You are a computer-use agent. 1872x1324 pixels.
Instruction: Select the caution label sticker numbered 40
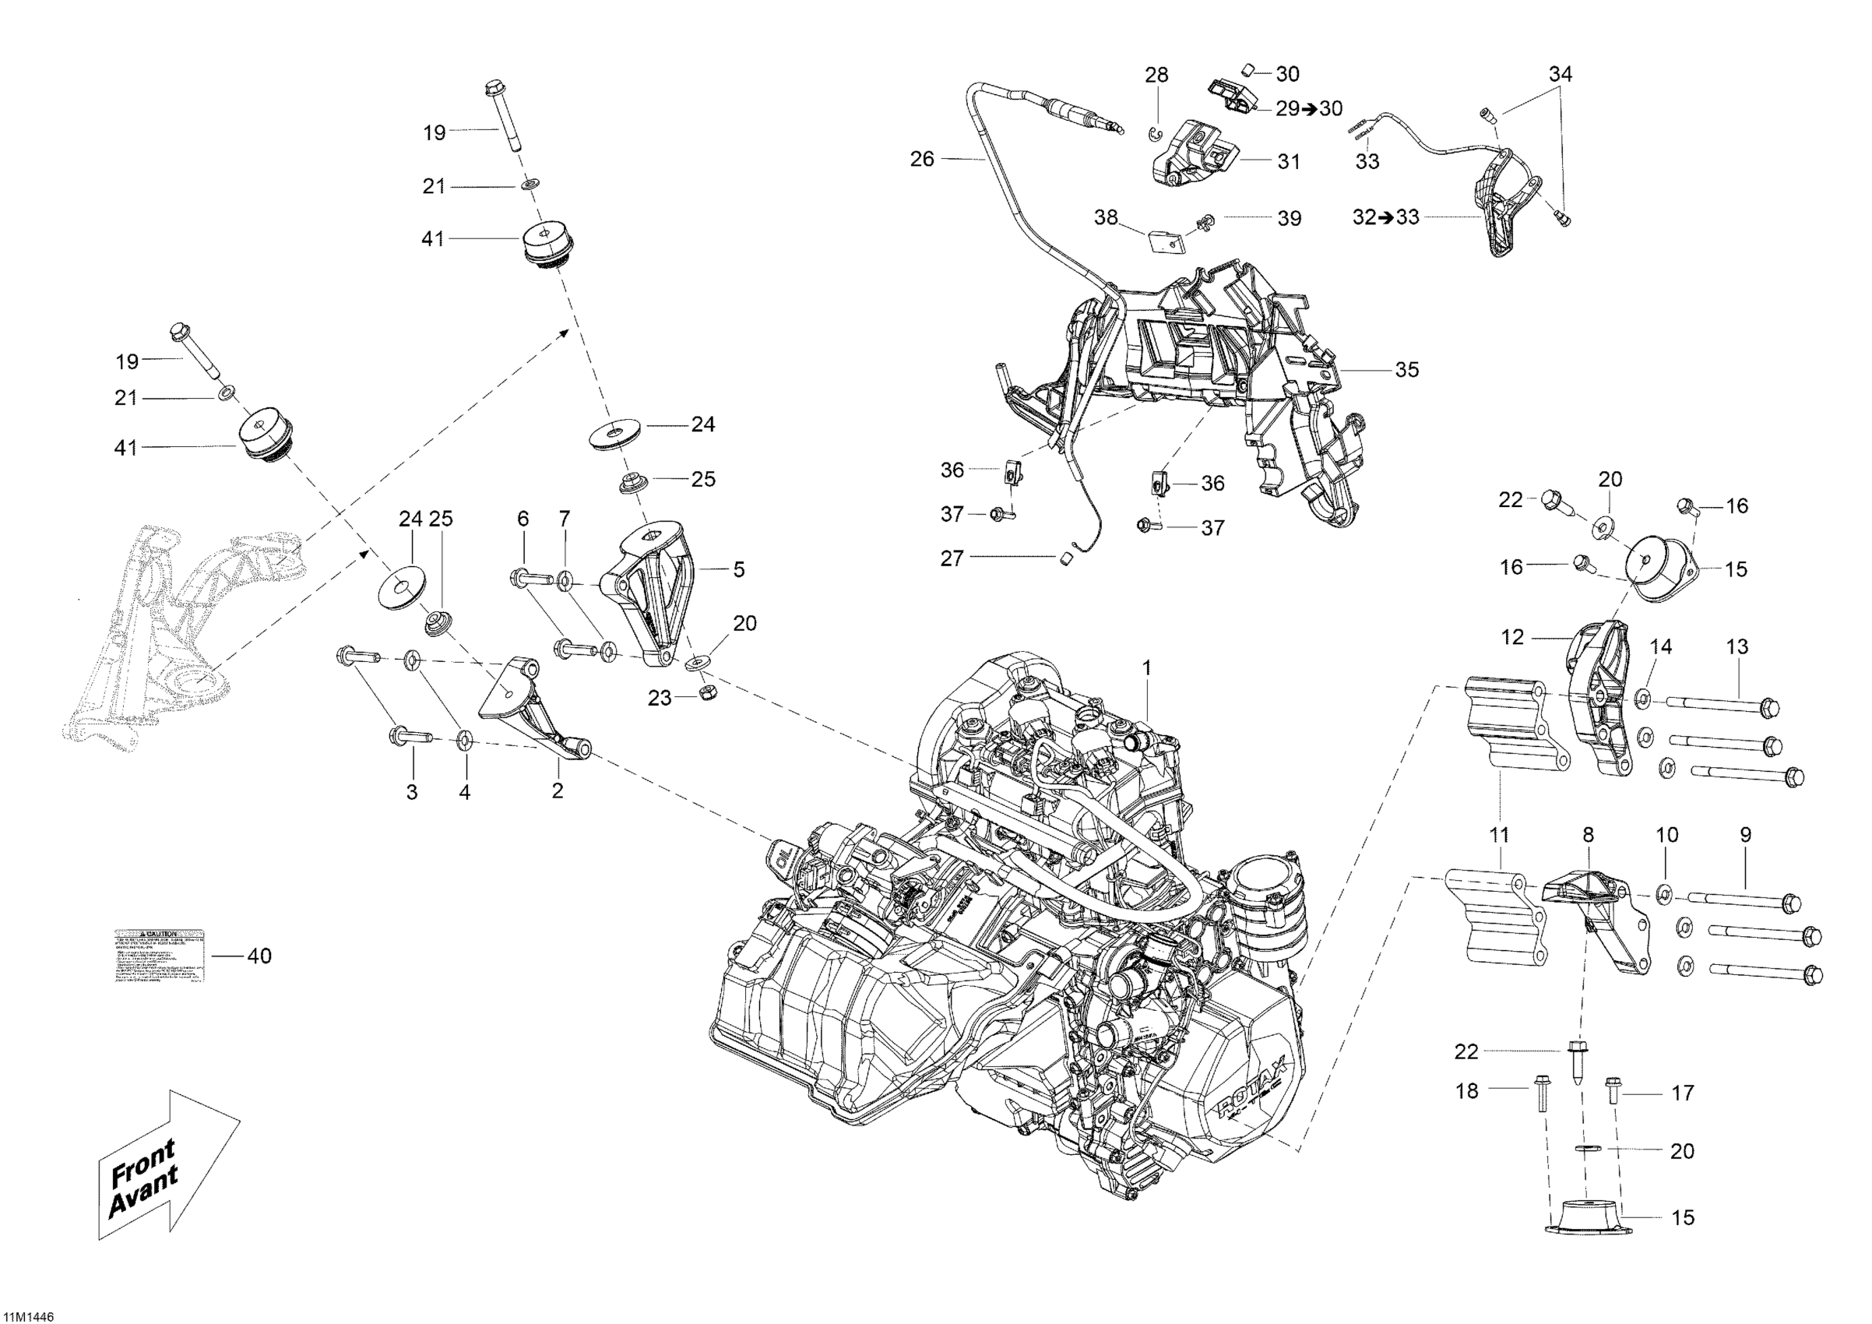(160, 955)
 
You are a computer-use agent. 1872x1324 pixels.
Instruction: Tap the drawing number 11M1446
(29, 1314)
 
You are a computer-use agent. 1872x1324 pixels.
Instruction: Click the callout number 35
(1406, 369)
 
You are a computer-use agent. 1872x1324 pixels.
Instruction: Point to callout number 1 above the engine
(1146, 667)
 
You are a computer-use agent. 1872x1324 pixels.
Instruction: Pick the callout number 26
(922, 159)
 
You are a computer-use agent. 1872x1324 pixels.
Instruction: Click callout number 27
(952, 558)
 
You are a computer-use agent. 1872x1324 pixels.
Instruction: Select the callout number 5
(739, 569)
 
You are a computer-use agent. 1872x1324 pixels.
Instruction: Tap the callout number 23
(660, 698)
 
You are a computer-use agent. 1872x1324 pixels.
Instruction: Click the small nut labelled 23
(708, 694)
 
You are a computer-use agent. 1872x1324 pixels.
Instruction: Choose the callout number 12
(1511, 637)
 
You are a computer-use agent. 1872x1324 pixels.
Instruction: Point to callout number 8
(1588, 835)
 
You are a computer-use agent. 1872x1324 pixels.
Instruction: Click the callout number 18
(1467, 1091)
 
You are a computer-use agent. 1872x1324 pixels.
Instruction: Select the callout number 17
(1683, 1093)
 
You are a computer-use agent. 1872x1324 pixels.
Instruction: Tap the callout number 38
(1106, 217)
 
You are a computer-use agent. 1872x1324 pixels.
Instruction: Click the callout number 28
(1156, 75)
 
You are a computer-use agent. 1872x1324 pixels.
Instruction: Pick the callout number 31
(1288, 161)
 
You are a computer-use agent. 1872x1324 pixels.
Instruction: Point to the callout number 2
(557, 790)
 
